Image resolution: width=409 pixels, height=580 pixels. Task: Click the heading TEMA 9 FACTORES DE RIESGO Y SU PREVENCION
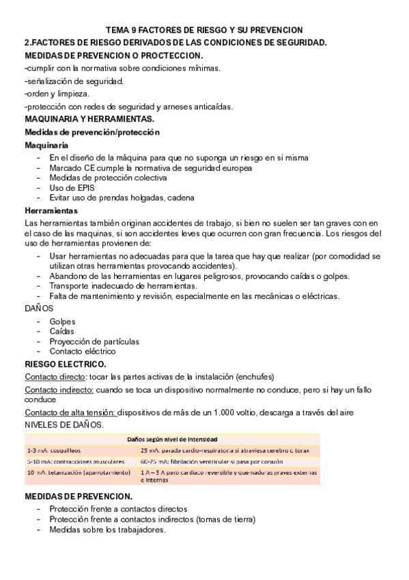pyautogui.click(x=204, y=30)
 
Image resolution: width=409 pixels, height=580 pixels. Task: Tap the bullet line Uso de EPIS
pyautogui.click(x=72, y=187)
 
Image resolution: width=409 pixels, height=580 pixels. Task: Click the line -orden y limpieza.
pyautogui.click(x=57, y=94)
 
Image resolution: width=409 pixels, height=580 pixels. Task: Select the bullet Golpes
pyautogui.click(x=62, y=321)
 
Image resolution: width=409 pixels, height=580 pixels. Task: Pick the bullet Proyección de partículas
pyautogui.click(x=94, y=341)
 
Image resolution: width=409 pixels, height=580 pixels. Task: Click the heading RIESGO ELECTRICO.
pyautogui.click(x=65, y=364)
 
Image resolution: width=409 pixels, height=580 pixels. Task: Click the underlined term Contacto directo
pyautogui.click(x=55, y=377)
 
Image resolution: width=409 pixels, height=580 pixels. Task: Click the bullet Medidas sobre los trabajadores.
pyautogui.click(x=107, y=529)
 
